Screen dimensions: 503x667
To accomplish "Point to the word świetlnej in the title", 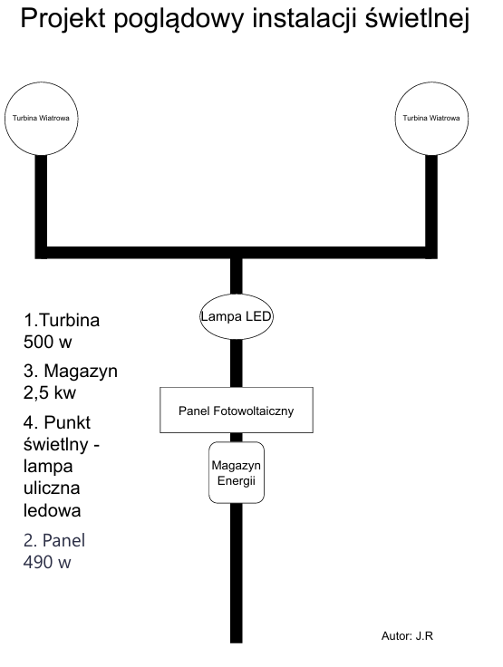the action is point(418,18).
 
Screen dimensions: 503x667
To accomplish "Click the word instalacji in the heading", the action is point(305,18).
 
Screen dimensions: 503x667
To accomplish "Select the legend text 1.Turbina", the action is point(62,320).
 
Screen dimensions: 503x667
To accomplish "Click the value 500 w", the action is point(48,342).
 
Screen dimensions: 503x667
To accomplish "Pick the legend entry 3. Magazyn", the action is point(71,372).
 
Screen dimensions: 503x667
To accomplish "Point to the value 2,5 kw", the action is point(50,392).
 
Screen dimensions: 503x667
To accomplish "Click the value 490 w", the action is point(47,563).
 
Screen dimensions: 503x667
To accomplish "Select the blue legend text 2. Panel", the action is point(54,541).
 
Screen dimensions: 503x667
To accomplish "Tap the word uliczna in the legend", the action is point(52,488).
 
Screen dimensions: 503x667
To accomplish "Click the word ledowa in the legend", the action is point(53,510).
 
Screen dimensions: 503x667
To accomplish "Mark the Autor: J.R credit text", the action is point(407,636).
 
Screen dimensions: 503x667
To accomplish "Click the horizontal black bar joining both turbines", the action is point(237,253).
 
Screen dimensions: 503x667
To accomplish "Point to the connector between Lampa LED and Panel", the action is point(237,363).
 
